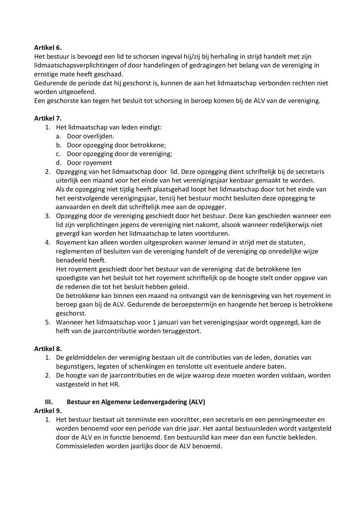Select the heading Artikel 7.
click(48, 118)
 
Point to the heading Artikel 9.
click(48, 410)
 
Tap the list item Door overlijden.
click(90, 136)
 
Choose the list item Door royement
click(89, 163)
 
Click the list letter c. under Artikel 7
click(59, 154)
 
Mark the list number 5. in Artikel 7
click(47, 322)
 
